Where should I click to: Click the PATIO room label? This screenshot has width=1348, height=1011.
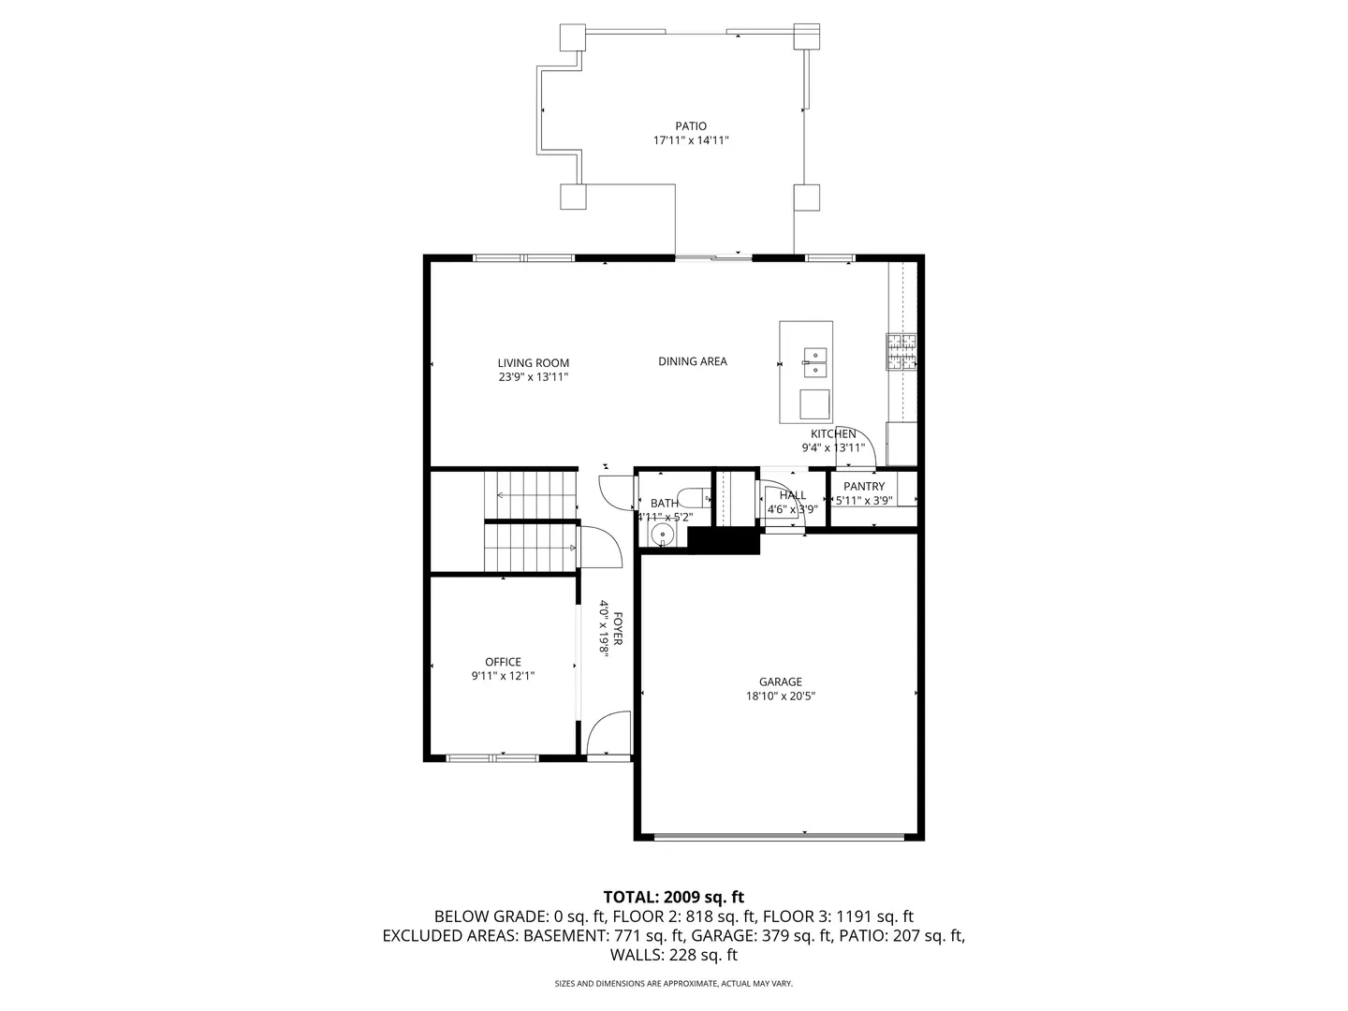click(x=691, y=126)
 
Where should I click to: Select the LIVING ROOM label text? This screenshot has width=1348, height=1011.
click(x=533, y=363)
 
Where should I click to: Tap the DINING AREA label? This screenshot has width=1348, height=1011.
click(x=692, y=361)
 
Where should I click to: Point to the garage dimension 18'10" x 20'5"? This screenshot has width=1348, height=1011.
click(x=780, y=696)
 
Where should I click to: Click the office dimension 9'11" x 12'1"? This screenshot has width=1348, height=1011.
click(x=503, y=676)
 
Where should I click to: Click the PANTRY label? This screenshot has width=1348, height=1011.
click(x=863, y=487)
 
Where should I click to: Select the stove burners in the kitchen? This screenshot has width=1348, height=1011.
click(x=901, y=353)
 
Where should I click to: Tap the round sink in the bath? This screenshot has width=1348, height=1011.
click(x=662, y=535)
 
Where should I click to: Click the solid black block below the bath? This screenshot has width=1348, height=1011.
click(x=724, y=540)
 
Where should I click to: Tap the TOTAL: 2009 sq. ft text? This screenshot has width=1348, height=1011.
click(x=673, y=898)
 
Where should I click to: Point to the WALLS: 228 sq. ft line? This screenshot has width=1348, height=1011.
click(x=673, y=955)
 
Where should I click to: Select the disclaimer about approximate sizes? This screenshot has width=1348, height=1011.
click(x=673, y=984)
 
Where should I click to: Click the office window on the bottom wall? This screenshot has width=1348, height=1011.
click(x=491, y=757)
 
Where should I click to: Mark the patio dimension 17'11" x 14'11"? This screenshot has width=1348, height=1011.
click(x=691, y=141)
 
